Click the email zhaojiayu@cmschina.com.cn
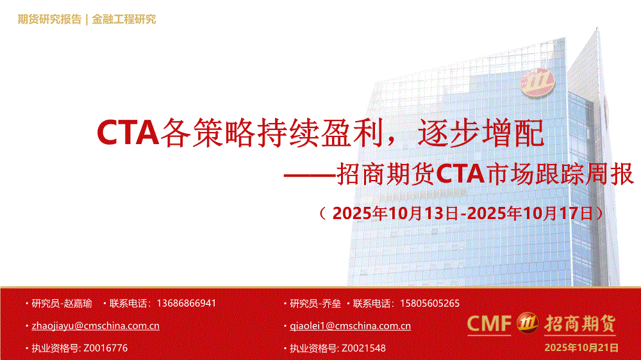pyautogui.click(x=96, y=325)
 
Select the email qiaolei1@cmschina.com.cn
pyautogui.click(x=350, y=325)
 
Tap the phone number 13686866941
pyautogui.click(x=186, y=303)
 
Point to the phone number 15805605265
pyautogui.click(x=429, y=303)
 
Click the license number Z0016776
pyautogui.click(x=106, y=348)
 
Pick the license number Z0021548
pyautogui.click(x=363, y=348)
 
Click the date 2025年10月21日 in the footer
pyautogui.click(x=581, y=347)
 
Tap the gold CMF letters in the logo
pyautogui.click(x=489, y=323)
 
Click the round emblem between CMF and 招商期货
pyautogui.click(x=528, y=323)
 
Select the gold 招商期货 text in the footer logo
pyautogui.click(x=579, y=323)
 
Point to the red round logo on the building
pyautogui.click(x=537, y=83)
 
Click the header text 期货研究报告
pyautogui.click(x=49, y=19)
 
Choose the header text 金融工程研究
pyautogui.click(x=124, y=19)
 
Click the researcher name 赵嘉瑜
pyautogui.click(x=78, y=303)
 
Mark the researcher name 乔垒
pyautogui.click(x=331, y=303)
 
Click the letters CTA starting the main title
pyautogui.click(x=128, y=132)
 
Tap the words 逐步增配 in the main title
pyautogui.click(x=481, y=132)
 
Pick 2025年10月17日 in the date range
pyautogui.click(x=530, y=213)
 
